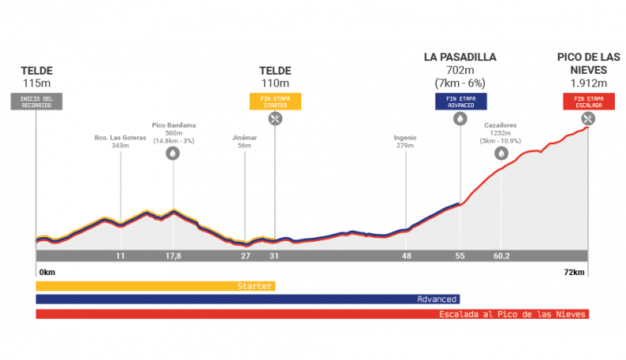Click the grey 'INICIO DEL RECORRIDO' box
point(36,101)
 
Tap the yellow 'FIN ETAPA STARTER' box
point(276,101)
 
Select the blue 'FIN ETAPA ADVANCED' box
point(461,101)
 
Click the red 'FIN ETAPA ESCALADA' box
point(589,101)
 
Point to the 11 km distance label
point(120,256)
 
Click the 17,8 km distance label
point(173,256)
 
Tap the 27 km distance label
point(246,256)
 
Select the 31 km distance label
point(274,256)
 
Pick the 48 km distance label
point(407,256)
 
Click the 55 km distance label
point(460,256)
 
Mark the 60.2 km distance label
point(501,256)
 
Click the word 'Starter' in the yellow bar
point(254,286)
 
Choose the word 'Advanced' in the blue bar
point(437,299)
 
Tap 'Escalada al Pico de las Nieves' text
point(512,314)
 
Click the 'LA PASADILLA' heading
point(460,57)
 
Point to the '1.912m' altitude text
point(589,82)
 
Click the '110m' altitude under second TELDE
point(275,82)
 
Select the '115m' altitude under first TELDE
point(36,82)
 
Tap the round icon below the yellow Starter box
point(275,118)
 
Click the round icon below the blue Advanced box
point(460,118)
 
